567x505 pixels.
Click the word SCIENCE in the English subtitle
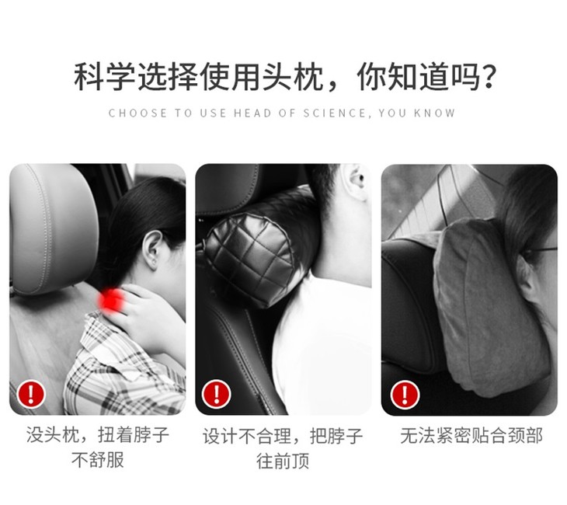[x=335, y=113]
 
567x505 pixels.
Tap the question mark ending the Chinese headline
[x=489, y=78]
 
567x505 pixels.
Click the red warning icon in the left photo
[x=31, y=393]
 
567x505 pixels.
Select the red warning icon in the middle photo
[x=216, y=393]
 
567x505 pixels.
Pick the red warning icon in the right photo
[x=405, y=395]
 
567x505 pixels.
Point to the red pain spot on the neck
[x=112, y=300]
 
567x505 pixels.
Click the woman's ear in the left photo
[x=152, y=249]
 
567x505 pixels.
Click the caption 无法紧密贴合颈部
[x=471, y=436]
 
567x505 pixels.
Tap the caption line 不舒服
[x=98, y=460]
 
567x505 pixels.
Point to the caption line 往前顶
[x=283, y=461]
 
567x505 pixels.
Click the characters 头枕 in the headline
[x=293, y=77]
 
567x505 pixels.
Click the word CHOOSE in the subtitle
[x=137, y=113]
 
